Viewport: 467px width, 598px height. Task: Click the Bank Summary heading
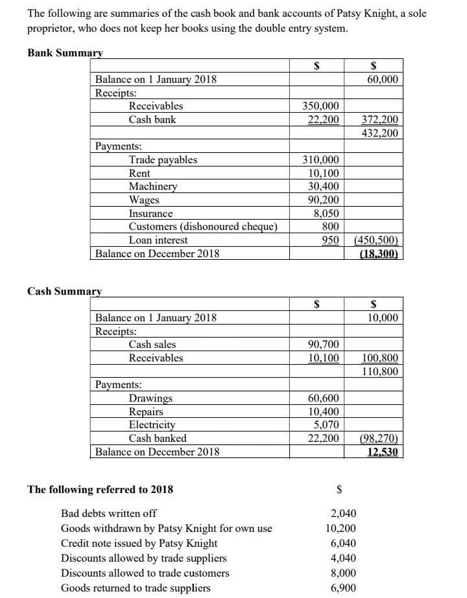[x=65, y=52]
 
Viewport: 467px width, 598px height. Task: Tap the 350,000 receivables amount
[x=321, y=106]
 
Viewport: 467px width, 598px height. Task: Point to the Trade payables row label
[x=163, y=159]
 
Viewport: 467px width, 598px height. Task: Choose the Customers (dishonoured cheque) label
[x=203, y=227]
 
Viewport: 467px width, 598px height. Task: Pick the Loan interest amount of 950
[x=331, y=240]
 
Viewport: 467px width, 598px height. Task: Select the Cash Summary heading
[x=64, y=291]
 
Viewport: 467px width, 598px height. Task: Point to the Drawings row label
[x=150, y=398]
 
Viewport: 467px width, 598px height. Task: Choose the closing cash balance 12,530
[x=383, y=452]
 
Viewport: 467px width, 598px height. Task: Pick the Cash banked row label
[x=157, y=438]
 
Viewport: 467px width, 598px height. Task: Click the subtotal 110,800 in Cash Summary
[x=380, y=371]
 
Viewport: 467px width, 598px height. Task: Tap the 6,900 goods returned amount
[x=343, y=588]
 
